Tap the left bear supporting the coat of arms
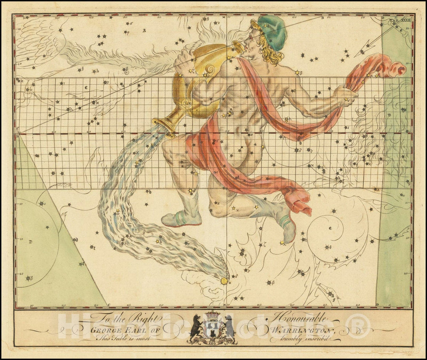pos(195,327)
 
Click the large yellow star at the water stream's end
pos(224,281)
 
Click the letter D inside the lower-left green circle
pos(30,241)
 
